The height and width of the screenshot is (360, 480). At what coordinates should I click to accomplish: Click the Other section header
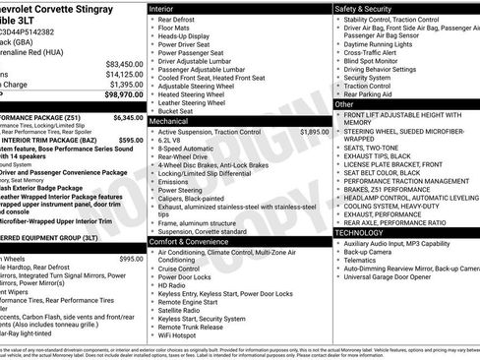(345, 103)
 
